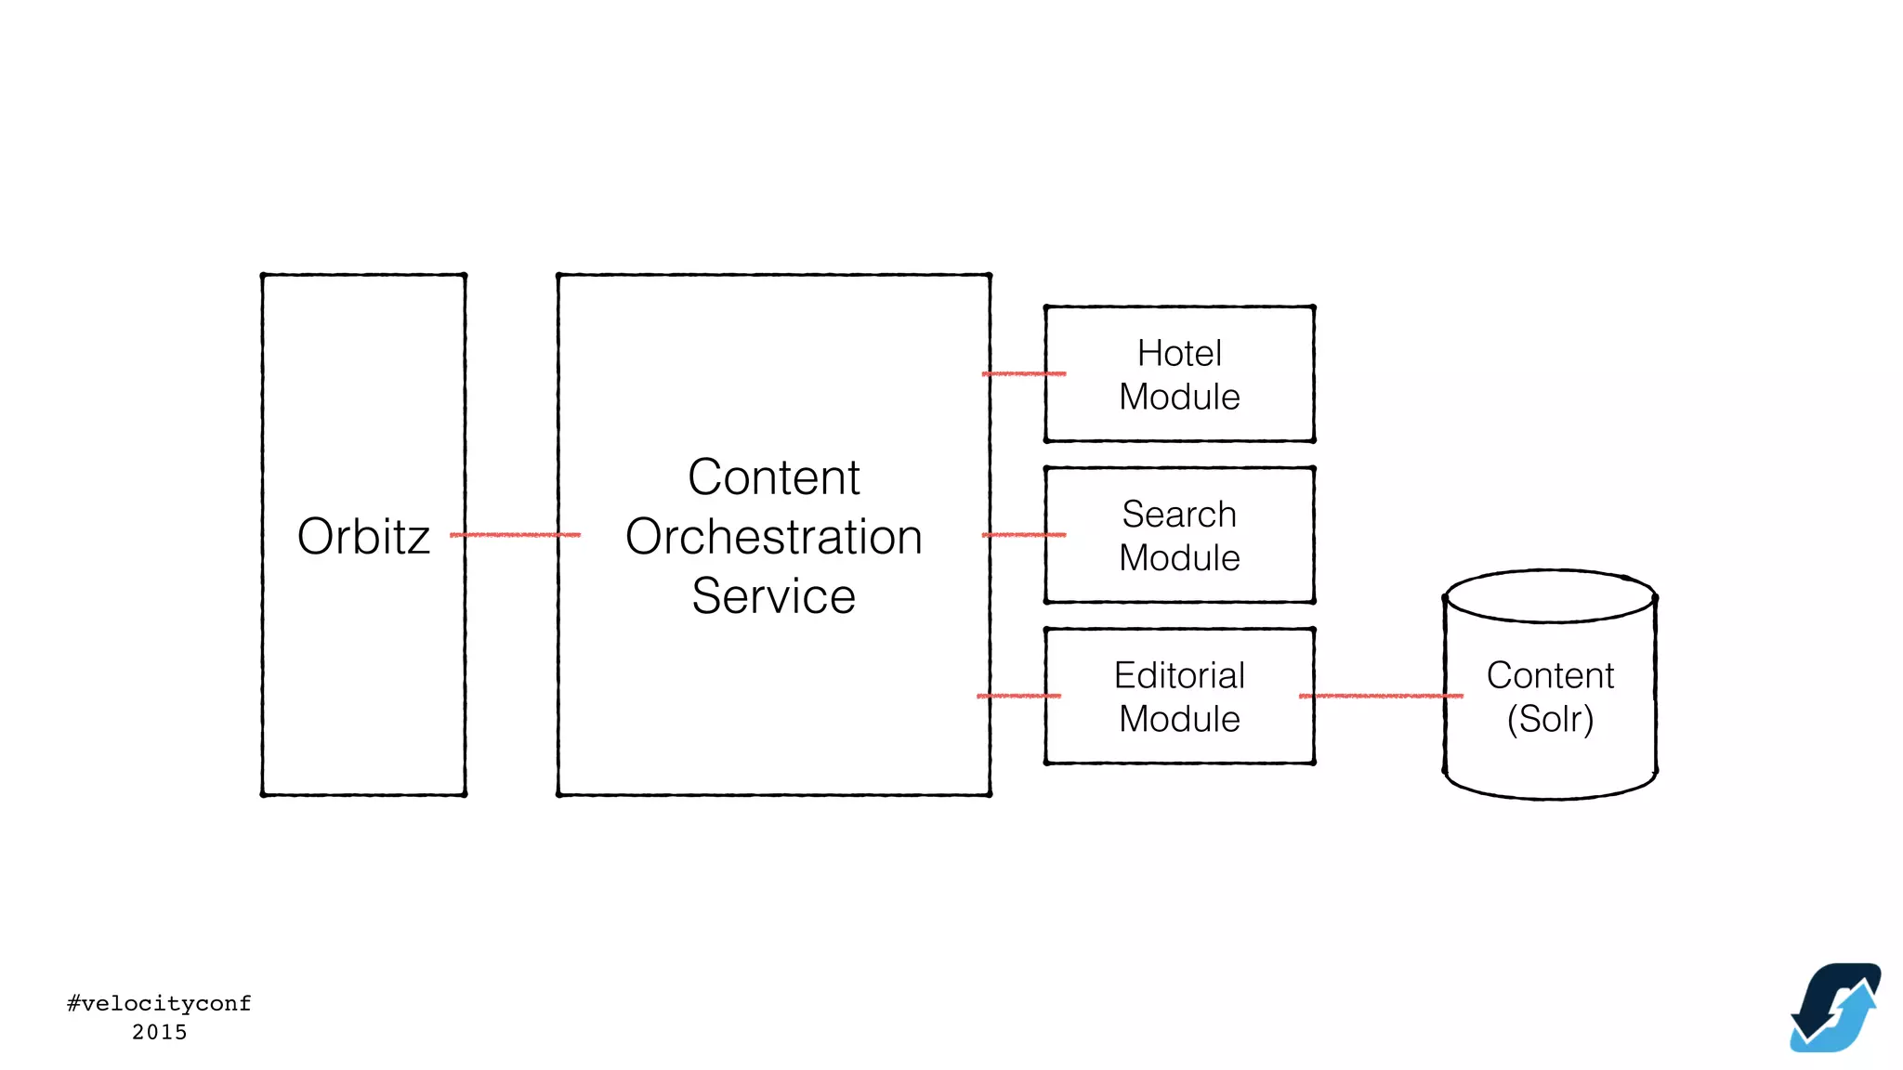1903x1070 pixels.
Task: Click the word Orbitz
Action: click(363, 537)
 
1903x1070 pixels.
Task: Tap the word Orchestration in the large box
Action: click(773, 538)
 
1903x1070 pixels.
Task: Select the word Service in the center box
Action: click(773, 596)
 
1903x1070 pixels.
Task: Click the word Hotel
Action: click(1179, 354)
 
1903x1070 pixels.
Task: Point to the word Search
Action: click(1179, 515)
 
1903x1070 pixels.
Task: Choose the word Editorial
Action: click(1179, 675)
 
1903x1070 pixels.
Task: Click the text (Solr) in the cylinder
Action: click(1550, 720)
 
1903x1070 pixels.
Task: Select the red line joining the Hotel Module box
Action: click(1023, 373)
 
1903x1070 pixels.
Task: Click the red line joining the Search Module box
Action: click(1023, 535)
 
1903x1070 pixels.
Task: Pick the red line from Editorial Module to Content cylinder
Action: click(1381, 696)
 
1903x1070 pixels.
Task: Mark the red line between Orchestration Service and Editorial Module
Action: click(1018, 696)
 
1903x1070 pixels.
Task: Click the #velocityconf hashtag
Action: click(159, 1003)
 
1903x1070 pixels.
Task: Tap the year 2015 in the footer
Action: click(159, 1032)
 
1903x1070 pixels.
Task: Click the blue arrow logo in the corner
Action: click(1835, 1008)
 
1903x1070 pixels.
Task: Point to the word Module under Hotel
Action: click(1179, 398)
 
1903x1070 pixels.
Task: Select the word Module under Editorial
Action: click(1179, 720)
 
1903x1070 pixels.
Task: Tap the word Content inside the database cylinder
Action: click(1550, 675)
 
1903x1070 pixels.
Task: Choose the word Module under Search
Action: click(1179, 558)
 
